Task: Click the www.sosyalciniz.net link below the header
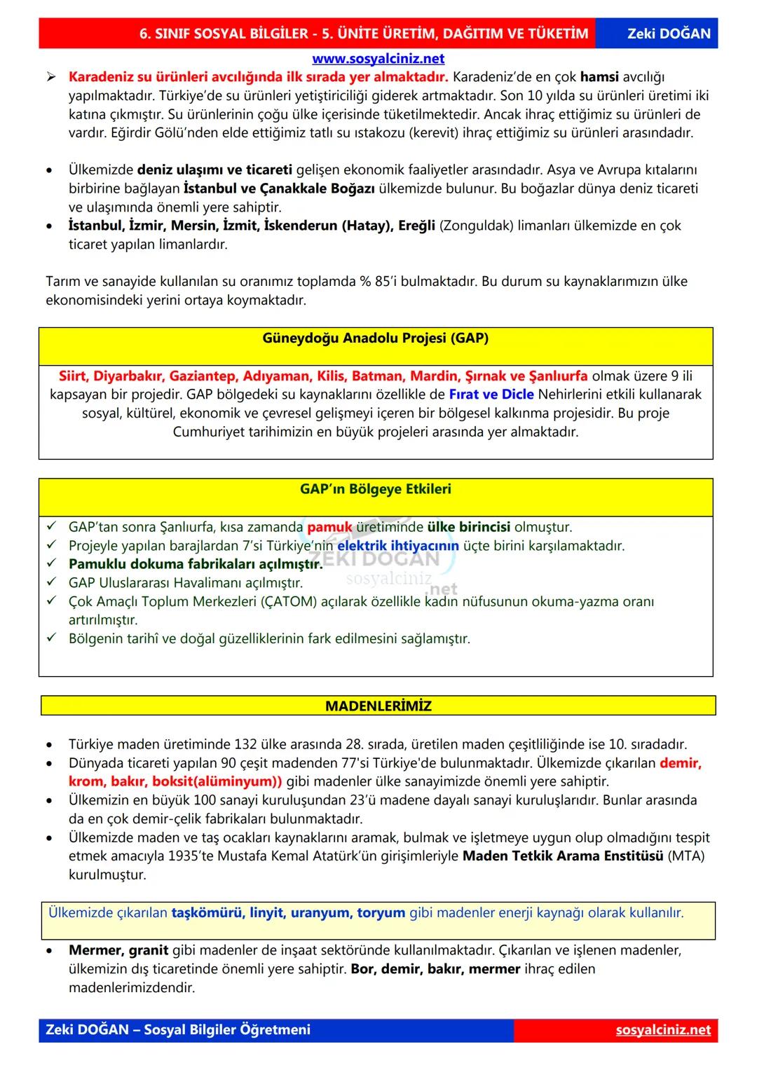click(378, 59)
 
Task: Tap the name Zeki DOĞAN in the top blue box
click(669, 33)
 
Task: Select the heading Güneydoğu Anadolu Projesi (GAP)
click(376, 338)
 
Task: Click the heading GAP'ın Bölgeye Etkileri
click(376, 488)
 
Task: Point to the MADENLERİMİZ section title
click(378, 706)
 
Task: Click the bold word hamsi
click(599, 77)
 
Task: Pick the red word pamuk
click(329, 527)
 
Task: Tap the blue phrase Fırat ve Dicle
click(491, 395)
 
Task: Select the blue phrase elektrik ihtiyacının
click(398, 545)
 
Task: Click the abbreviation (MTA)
click(686, 856)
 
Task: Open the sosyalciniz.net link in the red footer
click(663, 1029)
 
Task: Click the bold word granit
click(149, 950)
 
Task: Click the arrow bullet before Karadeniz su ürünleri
click(51, 77)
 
